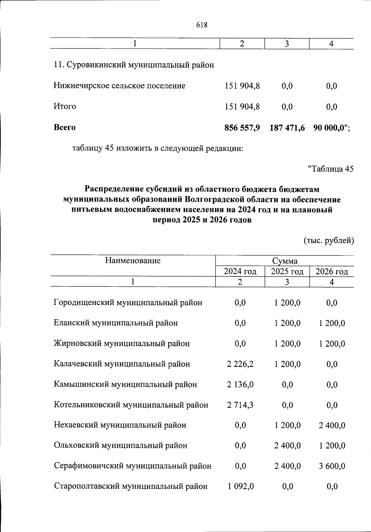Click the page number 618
202,25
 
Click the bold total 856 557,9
242,127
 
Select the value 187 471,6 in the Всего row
287,127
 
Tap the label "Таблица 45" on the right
331,169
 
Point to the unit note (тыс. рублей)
329,240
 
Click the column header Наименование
133,260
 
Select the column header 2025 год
287,272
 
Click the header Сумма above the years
285,261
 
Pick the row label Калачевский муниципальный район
122,364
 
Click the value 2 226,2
240,364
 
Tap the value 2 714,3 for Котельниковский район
240,405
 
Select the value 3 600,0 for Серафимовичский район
332,466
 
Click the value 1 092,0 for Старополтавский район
241,486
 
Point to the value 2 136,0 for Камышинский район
240,384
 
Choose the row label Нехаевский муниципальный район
120,425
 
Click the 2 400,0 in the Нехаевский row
332,425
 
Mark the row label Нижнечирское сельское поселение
120,86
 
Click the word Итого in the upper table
65,106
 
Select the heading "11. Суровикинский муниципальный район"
134,65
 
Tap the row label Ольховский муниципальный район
121,445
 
